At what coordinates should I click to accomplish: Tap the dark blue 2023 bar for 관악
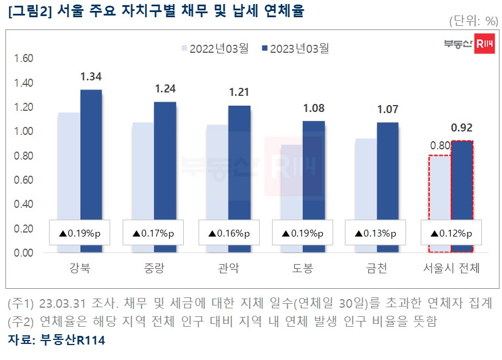tap(239, 161)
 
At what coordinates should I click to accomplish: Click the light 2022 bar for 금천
tap(365, 178)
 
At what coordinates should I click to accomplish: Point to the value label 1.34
tap(91, 77)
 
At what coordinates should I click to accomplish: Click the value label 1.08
tap(314, 108)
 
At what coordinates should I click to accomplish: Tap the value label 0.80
tap(440, 145)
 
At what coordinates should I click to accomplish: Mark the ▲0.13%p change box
tap(377, 234)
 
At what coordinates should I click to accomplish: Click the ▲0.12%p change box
tap(451, 234)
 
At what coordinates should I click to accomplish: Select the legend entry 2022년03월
tap(214, 49)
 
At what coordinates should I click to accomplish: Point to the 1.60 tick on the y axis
tap(24, 59)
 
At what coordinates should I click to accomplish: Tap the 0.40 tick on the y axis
tap(24, 204)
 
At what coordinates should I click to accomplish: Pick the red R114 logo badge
tap(485, 44)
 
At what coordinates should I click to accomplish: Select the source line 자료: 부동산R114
tap(56, 340)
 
